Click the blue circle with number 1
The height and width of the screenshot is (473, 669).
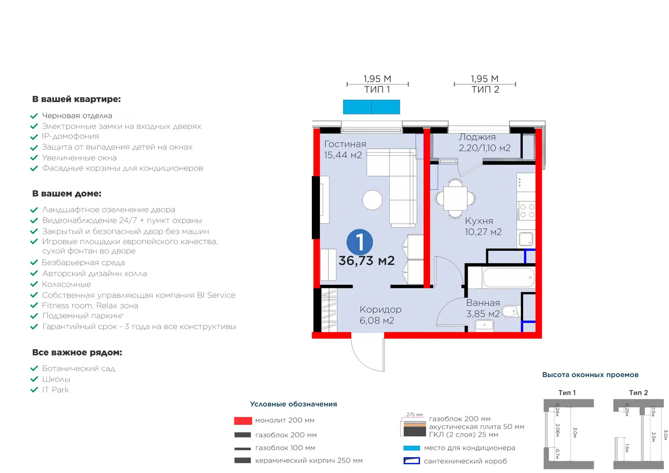coord(360,242)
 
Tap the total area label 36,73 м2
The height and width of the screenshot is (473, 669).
coord(366,261)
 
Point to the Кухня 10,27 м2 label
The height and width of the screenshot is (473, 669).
coord(483,226)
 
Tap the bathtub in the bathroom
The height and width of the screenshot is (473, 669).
coord(508,278)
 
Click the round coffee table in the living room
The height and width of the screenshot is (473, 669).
coord(372,200)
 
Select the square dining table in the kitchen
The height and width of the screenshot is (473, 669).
coord(455,198)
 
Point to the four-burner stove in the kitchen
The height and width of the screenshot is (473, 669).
coord(527,211)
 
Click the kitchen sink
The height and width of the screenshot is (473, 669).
coord(526,239)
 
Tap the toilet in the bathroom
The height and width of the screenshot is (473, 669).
coord(511,311)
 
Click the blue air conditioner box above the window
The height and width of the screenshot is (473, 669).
coord(371,107)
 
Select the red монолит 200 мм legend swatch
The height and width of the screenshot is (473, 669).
coord(243,421)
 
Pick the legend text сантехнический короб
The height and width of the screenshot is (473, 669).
coord(465,461)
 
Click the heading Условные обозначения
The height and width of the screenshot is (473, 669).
coord(293,404)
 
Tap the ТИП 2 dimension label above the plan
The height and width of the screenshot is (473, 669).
coord(485,90)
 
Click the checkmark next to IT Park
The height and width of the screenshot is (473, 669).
coord(34,390)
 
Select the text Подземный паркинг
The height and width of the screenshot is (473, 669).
coord(83,316)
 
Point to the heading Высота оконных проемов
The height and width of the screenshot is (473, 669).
coord(590,375)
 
